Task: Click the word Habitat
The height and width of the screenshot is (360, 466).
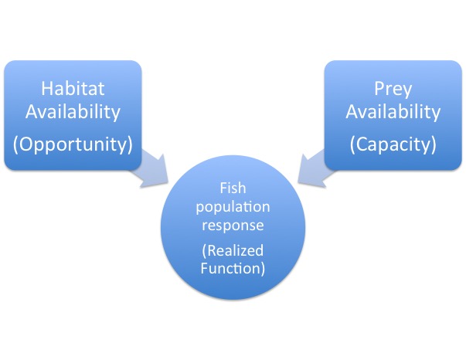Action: pos(73,88)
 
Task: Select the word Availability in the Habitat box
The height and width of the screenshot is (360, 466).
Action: pos(73,113)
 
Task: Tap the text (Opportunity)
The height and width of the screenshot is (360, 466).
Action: pos(73,144)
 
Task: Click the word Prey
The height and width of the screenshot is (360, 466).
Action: pos(393,89)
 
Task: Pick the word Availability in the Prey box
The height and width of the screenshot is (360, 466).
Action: pos(393,113)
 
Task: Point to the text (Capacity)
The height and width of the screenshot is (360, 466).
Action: pos(393,144)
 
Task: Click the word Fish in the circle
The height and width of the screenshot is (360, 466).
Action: pos(233,188)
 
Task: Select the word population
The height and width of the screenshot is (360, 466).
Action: pos(233,207)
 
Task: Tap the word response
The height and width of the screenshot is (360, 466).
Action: pos(233,226)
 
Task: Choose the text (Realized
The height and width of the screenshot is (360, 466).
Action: pos(233,250)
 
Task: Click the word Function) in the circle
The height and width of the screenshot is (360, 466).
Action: pos(233,268)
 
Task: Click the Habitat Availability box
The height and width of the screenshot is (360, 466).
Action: pos(73,115)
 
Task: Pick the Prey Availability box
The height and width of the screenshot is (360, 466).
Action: pos(393,115)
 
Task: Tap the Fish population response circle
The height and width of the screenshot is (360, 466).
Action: pos(233,228)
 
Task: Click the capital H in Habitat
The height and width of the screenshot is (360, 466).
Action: pos(47,89)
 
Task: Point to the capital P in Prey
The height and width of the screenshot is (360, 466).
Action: pos(379,89)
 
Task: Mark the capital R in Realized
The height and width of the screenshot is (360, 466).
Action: pos(211,251)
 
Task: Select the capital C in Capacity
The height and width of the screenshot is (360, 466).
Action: pos(361,144)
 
